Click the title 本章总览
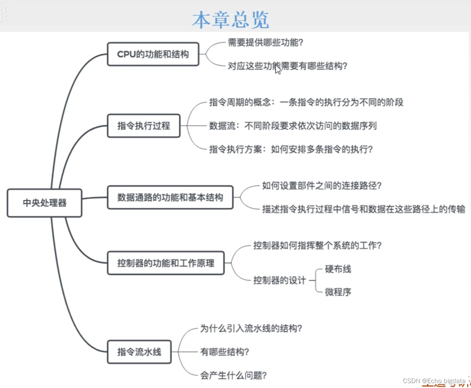tap(231, 19)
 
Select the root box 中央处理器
tap(44, 203)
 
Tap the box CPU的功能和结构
tap(153, 54)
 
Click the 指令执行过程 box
tap(144, 126)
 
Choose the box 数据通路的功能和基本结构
tap(170, 197)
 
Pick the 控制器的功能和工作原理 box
tap(166, 263)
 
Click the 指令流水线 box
tap(139, 352)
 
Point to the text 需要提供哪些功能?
tap(265, 43)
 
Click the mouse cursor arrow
tap(278, 69)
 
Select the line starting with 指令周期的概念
tap(306, 102)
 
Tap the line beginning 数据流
tap(293, 126)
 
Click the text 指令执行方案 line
tap(291, 150)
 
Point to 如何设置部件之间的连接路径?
tap(321, 186)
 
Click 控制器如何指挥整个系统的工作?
tap(317, 246)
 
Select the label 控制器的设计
tap(280, 280)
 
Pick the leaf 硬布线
tap(338, 269)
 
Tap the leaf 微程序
tap(338, 292)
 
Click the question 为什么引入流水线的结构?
tap(251, 329)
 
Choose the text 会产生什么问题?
tap(233, 375)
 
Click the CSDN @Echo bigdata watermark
tap(434, 381)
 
